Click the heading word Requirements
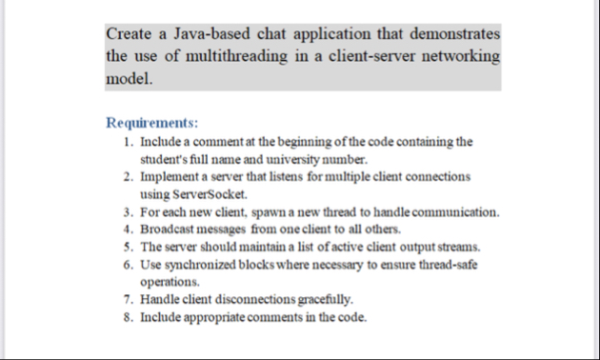coord(152,123)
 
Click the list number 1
coord(128,142)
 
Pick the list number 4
coord(128,230)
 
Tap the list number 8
coord(128,317)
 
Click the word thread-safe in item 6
coord(442,265)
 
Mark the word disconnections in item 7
coord(255,300)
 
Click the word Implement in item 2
coord(170,177)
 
